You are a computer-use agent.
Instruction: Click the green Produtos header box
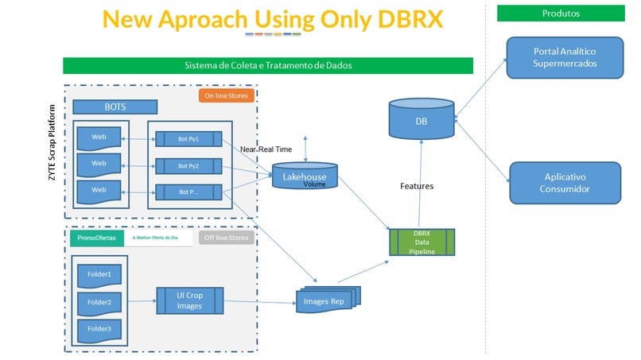(561, 14)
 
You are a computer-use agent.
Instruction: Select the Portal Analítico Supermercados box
(565, 57)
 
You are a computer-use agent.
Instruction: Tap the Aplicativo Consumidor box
(565, 183)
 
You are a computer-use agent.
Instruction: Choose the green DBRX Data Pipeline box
(421, 242)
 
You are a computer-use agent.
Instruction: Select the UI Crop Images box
(190, 301)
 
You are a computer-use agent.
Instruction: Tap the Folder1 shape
(99, 274)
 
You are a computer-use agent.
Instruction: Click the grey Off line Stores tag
(225, 238)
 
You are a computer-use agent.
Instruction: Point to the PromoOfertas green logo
(96, 238)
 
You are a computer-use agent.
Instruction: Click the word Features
(416, 186)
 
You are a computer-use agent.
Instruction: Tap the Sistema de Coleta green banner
(268, 65)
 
